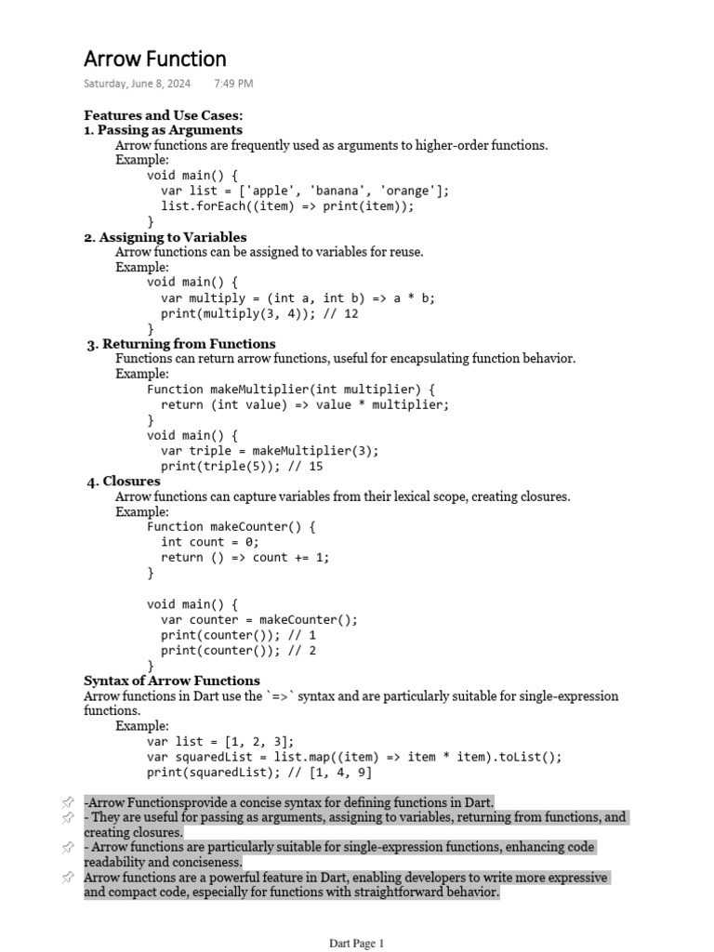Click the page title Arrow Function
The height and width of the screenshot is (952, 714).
155,59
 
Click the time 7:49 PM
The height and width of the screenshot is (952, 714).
233,84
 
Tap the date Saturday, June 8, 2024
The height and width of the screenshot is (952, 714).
137,84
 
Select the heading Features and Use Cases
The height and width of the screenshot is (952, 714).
164,115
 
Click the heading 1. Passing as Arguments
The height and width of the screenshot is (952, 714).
164,130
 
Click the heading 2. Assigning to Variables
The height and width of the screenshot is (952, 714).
165,237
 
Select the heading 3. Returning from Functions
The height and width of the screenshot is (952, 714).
181,344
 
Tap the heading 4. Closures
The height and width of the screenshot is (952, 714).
124,482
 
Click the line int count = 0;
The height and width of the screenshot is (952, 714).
210,542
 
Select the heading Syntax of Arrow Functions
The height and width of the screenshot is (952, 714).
172,681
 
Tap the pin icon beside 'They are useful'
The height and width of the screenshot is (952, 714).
68,818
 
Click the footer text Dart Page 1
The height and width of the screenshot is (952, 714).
356,944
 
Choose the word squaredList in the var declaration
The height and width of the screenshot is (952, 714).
213,757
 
